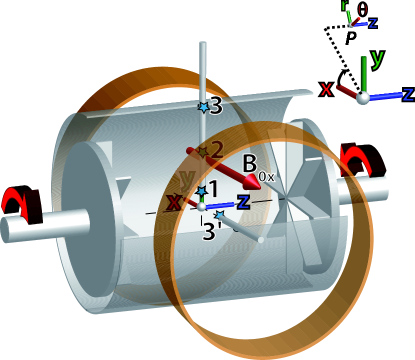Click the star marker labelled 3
coord(204,106)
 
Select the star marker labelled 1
coord(202,191)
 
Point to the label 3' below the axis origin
coord(212,231)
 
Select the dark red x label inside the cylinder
coord(174,203)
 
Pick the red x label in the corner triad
coord(326,89)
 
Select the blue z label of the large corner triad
coord(407,95)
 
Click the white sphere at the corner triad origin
coord(364,97)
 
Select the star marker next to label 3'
coord(219,214)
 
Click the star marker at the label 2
coord(202,152)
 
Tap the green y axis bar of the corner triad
coord(363,72)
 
